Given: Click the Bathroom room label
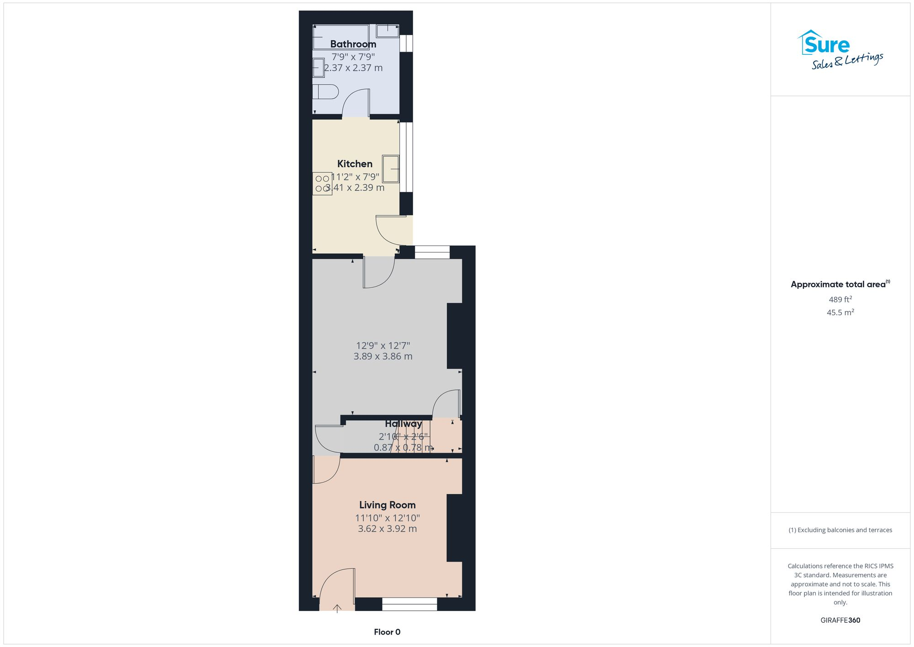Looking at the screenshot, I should [x=353, y=44].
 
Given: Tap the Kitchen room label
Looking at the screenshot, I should [x=355, y=164].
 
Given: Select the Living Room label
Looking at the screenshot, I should [x=387, y=505].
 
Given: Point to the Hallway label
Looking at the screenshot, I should [x=403, y=424].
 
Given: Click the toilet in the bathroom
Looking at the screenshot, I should [x=326, y=92].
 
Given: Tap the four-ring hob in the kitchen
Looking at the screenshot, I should [x=322, y=183].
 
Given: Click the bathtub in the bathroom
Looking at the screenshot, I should [x=341, y=37].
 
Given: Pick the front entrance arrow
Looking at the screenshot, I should [x=337, y=609].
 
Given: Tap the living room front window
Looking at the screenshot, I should [x=409, y=604].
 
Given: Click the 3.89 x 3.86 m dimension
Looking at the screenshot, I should [x=383, y=357].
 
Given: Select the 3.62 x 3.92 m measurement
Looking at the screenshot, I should [x=387, y=529].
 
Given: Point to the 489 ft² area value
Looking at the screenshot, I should [x=840, y=299].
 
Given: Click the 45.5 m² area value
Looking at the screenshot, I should [x=840, y=313].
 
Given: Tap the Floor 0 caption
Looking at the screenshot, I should [x=387, y=632].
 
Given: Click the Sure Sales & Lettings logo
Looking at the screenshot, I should [x=840, y=50].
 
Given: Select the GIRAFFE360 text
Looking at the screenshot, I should [x=840, y=620].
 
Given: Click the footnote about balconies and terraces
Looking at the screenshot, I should [x=840, y=530].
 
